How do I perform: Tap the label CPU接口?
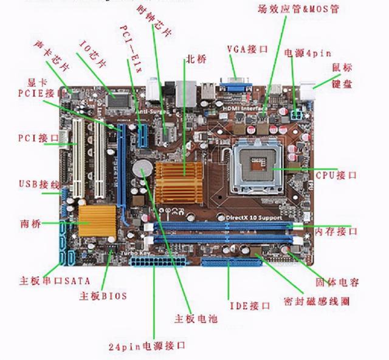[336, 175]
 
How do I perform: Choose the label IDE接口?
[249, 305]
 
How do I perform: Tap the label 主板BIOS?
[103, 296]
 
